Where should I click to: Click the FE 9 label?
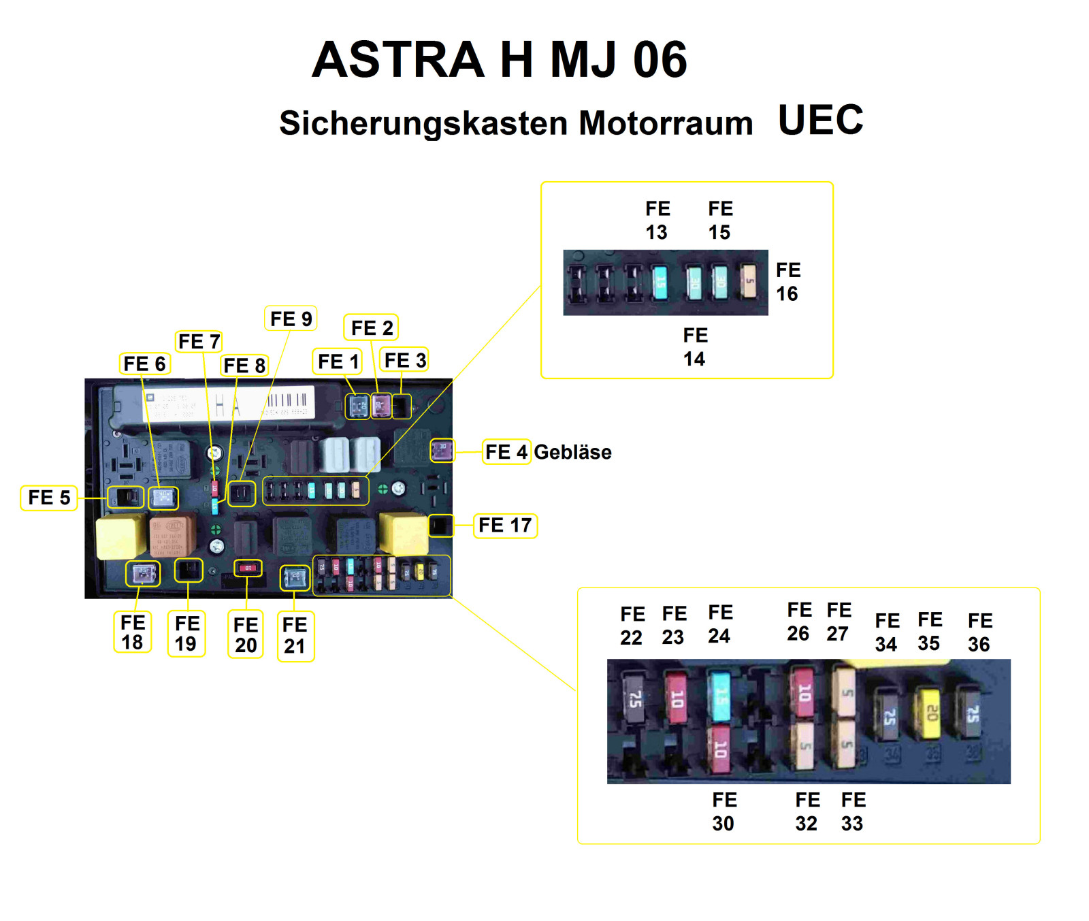tap(291, 319)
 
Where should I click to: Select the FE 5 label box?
tap(49, 498)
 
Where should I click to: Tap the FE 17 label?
tap(505, 526)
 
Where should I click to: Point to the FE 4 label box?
tap(506, 452)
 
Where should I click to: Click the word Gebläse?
tap(572, 452)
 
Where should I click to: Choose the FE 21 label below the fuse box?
tap(295, 635)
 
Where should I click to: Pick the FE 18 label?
tap(132, 632)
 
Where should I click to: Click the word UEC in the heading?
tap(820, 120)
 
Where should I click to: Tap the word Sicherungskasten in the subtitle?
tap(423, 123)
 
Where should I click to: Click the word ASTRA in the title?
tap(398, 60)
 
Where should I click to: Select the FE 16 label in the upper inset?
tap(788, 282)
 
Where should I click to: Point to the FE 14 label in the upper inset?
tap(695, 347)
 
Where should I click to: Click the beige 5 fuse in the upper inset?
tap(749, 282)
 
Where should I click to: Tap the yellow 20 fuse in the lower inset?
tap(930, 713)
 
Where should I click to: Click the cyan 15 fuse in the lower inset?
tap(719, 696)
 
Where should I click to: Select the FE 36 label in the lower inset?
tap(980, 632)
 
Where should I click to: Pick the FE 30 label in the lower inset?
tap(724, 811)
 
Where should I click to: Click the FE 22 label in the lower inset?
tap(632, 626)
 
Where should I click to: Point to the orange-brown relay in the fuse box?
tap(172, 535)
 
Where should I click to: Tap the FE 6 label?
tap(144, 364)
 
